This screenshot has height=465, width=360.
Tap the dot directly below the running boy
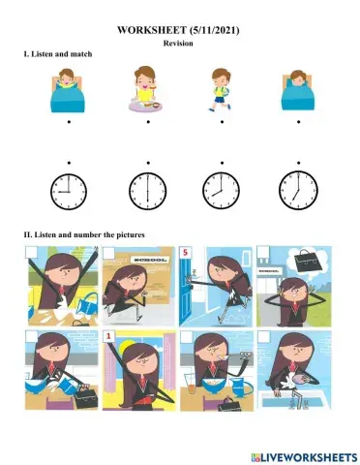click(223, 123)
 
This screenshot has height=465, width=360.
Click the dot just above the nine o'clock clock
click(69, 162)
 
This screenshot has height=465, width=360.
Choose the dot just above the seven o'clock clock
click(297, 162)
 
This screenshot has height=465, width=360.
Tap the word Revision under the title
click(179, 44)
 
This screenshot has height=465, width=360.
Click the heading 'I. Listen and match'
click(57, 54)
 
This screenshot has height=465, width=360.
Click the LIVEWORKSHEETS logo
click(300, 453)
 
